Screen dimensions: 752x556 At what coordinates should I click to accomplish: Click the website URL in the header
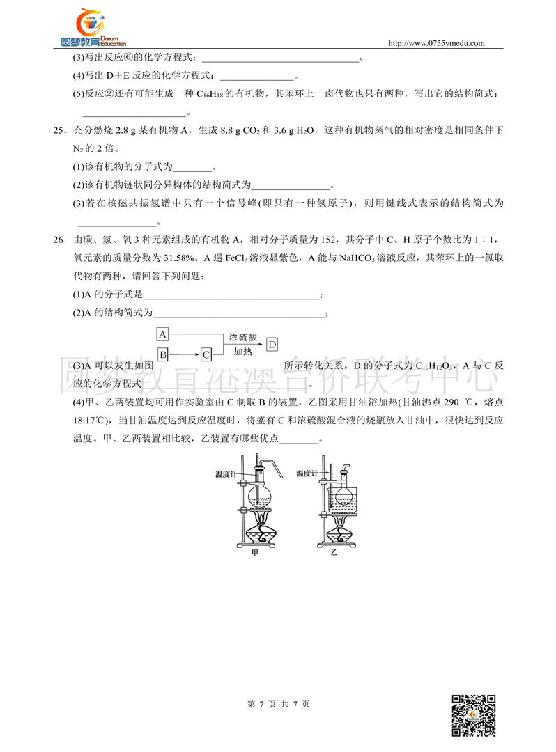[x=435, y=43]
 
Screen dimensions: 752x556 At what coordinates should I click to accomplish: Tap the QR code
[x=474, y=715]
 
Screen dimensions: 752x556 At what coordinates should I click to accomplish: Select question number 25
[x=59, y=130]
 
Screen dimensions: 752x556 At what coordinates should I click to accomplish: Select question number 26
[x=59, y=240]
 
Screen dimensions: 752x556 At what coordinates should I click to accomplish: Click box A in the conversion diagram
[x=162, y=334]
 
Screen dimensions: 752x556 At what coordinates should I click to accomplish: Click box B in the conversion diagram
[x=162, y=354]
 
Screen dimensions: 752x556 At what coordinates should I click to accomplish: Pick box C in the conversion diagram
[x=206, y=354]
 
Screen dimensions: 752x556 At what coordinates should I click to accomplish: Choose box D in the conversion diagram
[x=272, y=344]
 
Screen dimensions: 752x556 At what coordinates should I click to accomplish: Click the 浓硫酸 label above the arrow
[x=242, y=336]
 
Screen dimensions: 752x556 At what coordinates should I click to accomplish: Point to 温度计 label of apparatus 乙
[x=307, y=473]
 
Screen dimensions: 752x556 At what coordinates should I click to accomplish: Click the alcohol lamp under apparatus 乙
[x=340, y=535]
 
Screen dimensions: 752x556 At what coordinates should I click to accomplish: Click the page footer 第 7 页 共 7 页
[x=278, y=704]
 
